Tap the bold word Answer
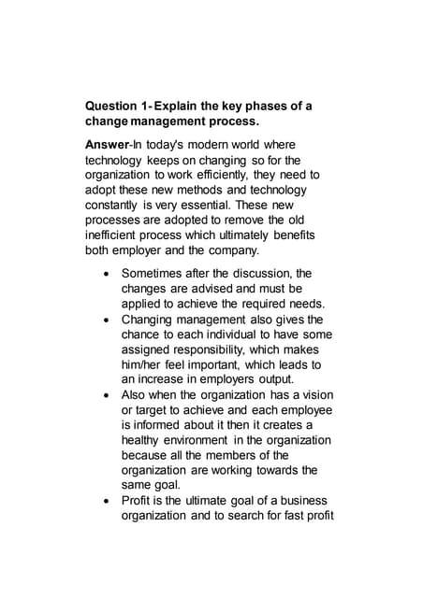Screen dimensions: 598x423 [x=109, y=145]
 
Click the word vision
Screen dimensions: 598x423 [x=314, y=395]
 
